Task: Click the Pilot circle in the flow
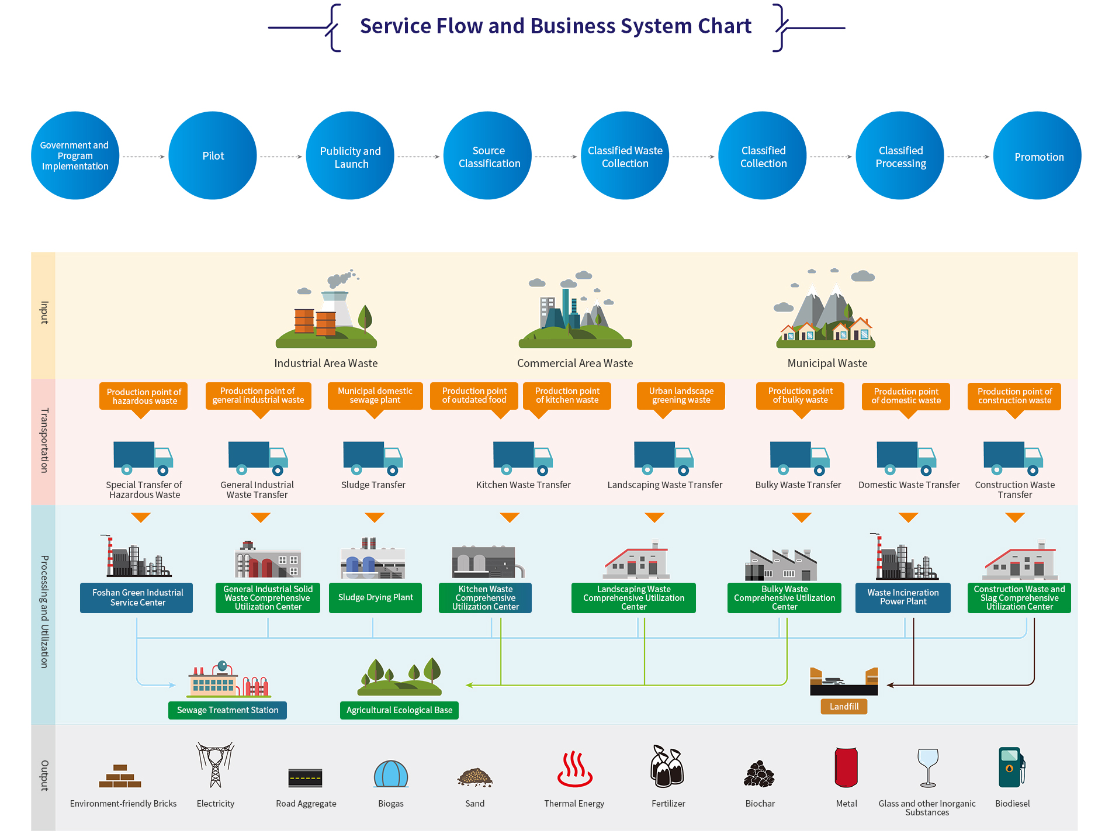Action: pos(213,156)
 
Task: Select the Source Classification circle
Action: pos(488,156)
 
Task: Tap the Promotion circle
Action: pos(1038,156)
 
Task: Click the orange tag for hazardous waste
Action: pos(144,396)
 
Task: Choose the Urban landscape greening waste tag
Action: pos(681,396)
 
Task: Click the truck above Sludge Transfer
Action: pos(373,458)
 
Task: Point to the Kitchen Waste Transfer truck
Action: pos(523,458)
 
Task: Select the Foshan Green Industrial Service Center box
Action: pos(137,597)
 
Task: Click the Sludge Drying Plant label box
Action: pos(375,597)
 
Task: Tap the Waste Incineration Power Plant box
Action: pos(903,597)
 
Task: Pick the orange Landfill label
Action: pos(844,707)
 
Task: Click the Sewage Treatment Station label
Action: pos(227,710)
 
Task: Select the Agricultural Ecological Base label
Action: pos(399,710)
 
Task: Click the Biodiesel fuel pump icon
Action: pos(1011,767)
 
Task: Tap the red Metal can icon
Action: pos(846,767)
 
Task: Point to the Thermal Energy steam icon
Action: pos(574,769)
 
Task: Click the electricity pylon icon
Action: pos(215,765)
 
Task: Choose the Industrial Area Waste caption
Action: pos(326,363)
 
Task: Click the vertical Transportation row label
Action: pos(44,441)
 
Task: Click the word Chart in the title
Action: pos(725,26)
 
